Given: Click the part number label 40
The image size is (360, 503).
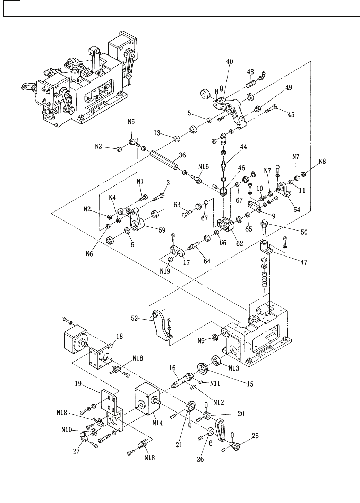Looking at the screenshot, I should (x=230, y=62).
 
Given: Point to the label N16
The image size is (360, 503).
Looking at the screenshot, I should (x=204, y=167).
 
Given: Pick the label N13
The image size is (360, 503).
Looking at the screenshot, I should (x=234, y=368).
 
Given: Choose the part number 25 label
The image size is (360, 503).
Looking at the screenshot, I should (x=255, y=436).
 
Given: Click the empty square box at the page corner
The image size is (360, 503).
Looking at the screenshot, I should (x=12, y=9).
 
